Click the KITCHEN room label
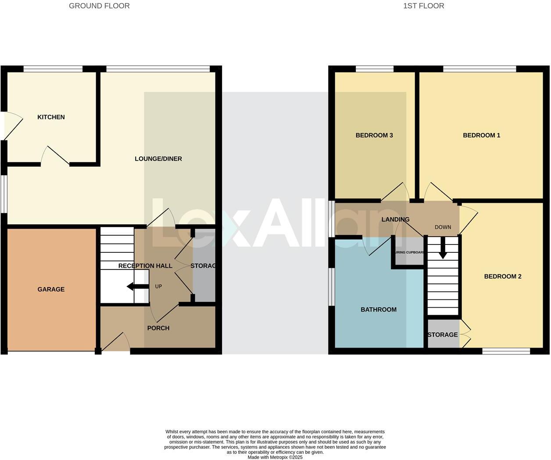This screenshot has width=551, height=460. [51, 117]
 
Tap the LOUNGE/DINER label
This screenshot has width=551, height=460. [158, 159]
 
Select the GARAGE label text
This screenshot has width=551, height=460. [51, 289]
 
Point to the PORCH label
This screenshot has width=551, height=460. [158, 328]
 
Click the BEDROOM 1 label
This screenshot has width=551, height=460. [481, 135]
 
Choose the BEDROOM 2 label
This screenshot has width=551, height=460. [502, 277]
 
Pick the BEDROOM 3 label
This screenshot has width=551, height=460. [374, 135]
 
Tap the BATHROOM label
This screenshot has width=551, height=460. [378, 309]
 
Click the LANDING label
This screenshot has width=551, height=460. [395, 219]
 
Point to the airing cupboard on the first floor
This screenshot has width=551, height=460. [409, 252]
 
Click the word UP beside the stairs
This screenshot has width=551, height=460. [158, 287]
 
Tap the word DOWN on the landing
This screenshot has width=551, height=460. [443, 227]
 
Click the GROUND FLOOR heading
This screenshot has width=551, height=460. [99, 6]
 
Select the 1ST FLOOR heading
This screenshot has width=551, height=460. [423, 6]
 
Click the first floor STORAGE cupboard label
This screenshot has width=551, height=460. [442, 335]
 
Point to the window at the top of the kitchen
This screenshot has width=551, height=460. [53, 68]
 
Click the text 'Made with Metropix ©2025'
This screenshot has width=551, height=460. [275, 457]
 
